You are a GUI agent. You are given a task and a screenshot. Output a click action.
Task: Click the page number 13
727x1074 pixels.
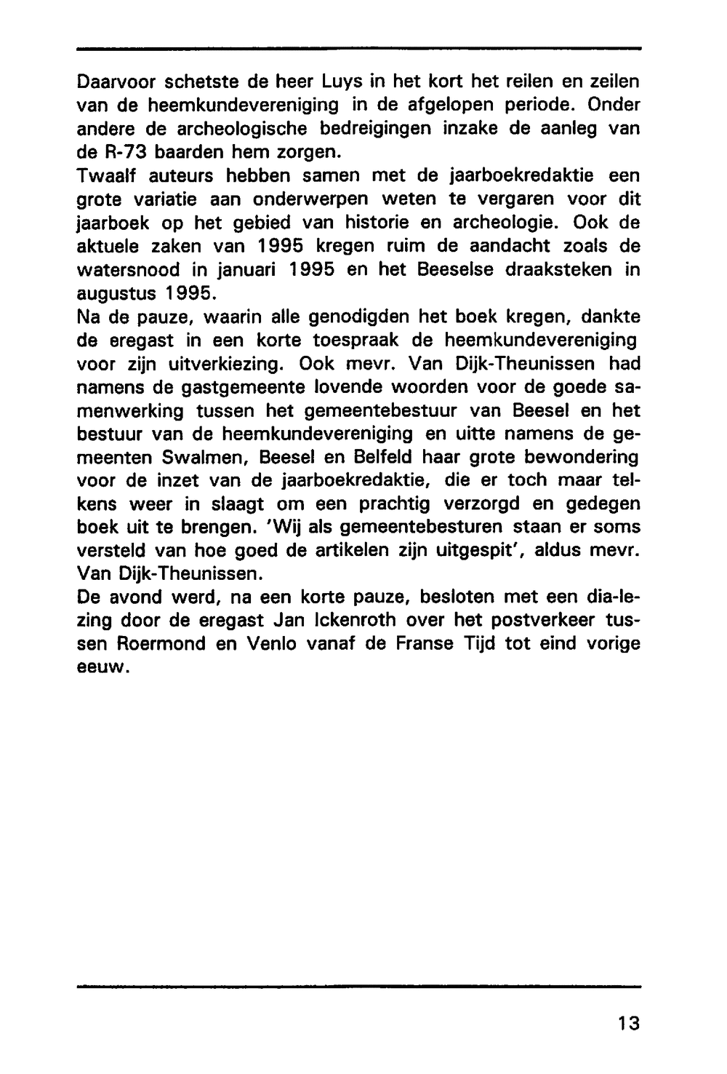[x=629, y=1023]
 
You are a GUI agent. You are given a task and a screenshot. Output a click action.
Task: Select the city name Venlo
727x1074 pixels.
[x=276, y=645]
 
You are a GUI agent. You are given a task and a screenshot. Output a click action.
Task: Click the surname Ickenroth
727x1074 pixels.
[x=350, y=621]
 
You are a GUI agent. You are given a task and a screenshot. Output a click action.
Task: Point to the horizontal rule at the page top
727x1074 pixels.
[x=358, y=49]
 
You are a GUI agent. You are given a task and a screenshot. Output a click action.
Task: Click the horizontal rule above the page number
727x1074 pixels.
[x=358, y=987]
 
